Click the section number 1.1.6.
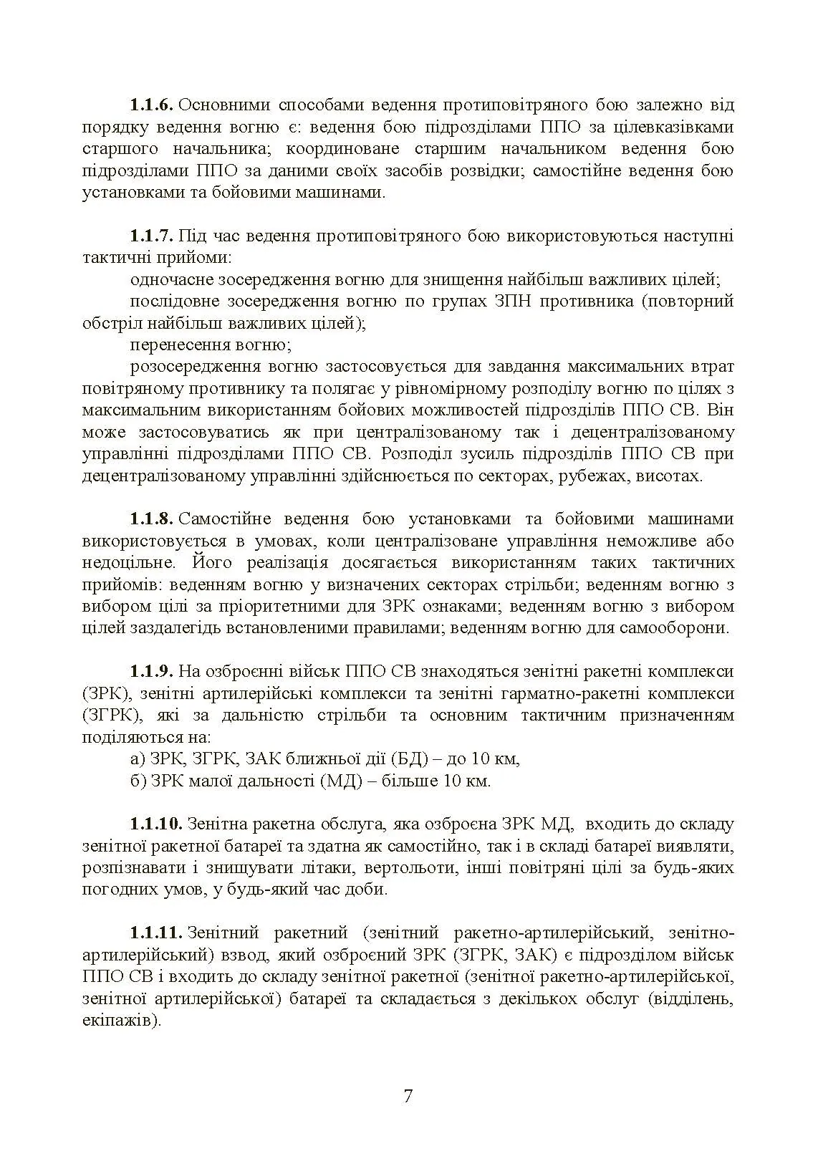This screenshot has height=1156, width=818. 151,105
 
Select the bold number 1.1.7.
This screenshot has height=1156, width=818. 151,236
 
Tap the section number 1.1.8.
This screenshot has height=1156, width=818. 151,519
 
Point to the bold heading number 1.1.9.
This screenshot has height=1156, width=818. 151,671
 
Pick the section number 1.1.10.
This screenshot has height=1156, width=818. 156,824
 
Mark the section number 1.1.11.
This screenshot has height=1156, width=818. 156,933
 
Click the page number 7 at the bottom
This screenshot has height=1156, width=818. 408,1097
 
